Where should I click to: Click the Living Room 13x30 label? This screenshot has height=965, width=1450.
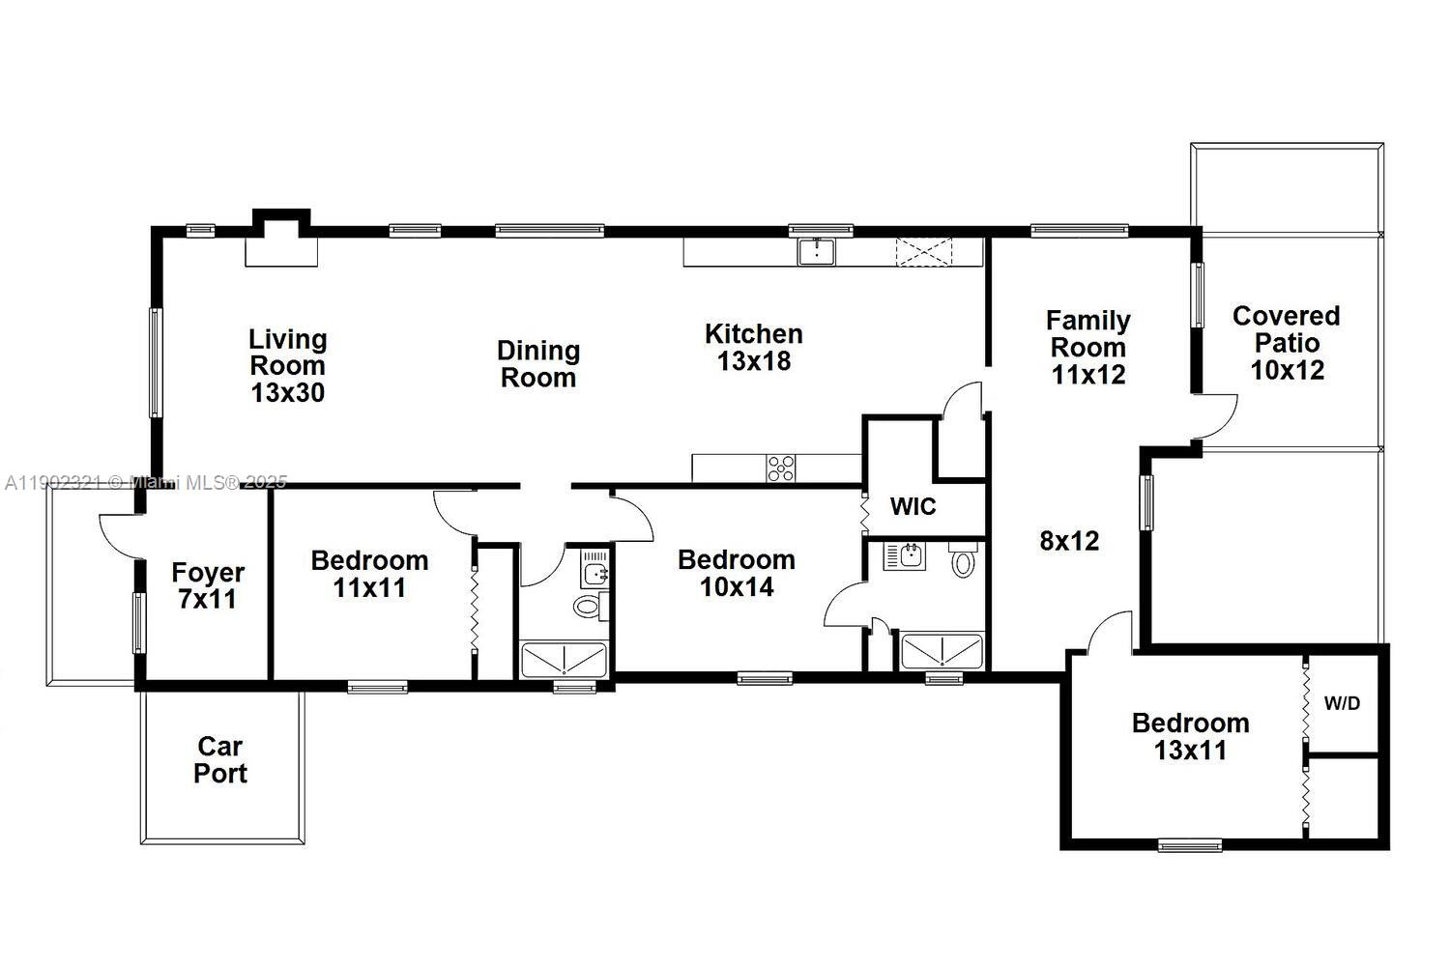click(288, 366)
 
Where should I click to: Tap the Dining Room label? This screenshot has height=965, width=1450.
click(538, 364)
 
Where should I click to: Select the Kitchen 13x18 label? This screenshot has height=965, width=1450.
click(753, 347)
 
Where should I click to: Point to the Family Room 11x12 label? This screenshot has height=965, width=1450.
click(1087, 347)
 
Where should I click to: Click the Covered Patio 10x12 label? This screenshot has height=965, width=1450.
click(1287, 343)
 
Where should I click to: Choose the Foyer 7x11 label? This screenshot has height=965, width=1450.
click(208, 585)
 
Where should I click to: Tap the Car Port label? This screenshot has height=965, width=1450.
click(220, 759)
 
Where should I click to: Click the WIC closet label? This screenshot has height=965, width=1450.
click(913, 506)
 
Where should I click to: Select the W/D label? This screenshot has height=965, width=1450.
click(1341, 703)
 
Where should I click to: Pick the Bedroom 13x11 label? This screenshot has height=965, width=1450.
click(1190, 736)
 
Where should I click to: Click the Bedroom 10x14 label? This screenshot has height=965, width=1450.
click(737, 573)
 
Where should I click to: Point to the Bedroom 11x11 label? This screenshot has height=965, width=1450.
click(369, 574)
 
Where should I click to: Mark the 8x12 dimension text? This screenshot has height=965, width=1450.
click(1069, 541)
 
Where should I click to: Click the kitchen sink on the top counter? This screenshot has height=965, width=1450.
click(817, 251)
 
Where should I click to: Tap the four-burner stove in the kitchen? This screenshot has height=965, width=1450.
click(781, 468)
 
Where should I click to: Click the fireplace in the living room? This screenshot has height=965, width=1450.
click(280, 241)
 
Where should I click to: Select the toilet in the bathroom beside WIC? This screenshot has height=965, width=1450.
click(962, 561)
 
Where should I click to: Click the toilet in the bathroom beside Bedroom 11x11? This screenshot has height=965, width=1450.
click(587, 607)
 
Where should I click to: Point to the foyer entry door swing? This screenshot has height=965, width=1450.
click(118, 534)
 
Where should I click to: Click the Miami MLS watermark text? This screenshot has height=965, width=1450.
click(145, 482)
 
